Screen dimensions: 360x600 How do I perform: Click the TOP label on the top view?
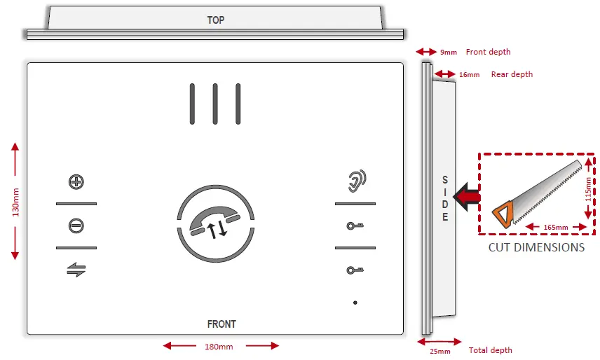216,20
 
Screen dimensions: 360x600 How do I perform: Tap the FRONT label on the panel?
221,324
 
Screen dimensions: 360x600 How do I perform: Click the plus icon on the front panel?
76,182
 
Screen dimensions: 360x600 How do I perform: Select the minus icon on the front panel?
76,226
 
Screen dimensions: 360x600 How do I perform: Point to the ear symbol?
356,181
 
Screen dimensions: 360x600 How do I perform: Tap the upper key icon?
355,226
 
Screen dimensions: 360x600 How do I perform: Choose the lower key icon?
355,270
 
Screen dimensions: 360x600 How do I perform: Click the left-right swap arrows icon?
76,270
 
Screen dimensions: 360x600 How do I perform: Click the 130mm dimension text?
16,200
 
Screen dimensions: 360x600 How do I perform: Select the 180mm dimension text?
218,346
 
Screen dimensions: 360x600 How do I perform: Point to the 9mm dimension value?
449,53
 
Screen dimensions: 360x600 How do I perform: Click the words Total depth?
491,350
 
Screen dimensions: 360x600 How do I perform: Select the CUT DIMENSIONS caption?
537,247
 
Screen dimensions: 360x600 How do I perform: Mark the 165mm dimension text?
554,227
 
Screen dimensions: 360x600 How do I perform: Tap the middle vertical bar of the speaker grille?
215,104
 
